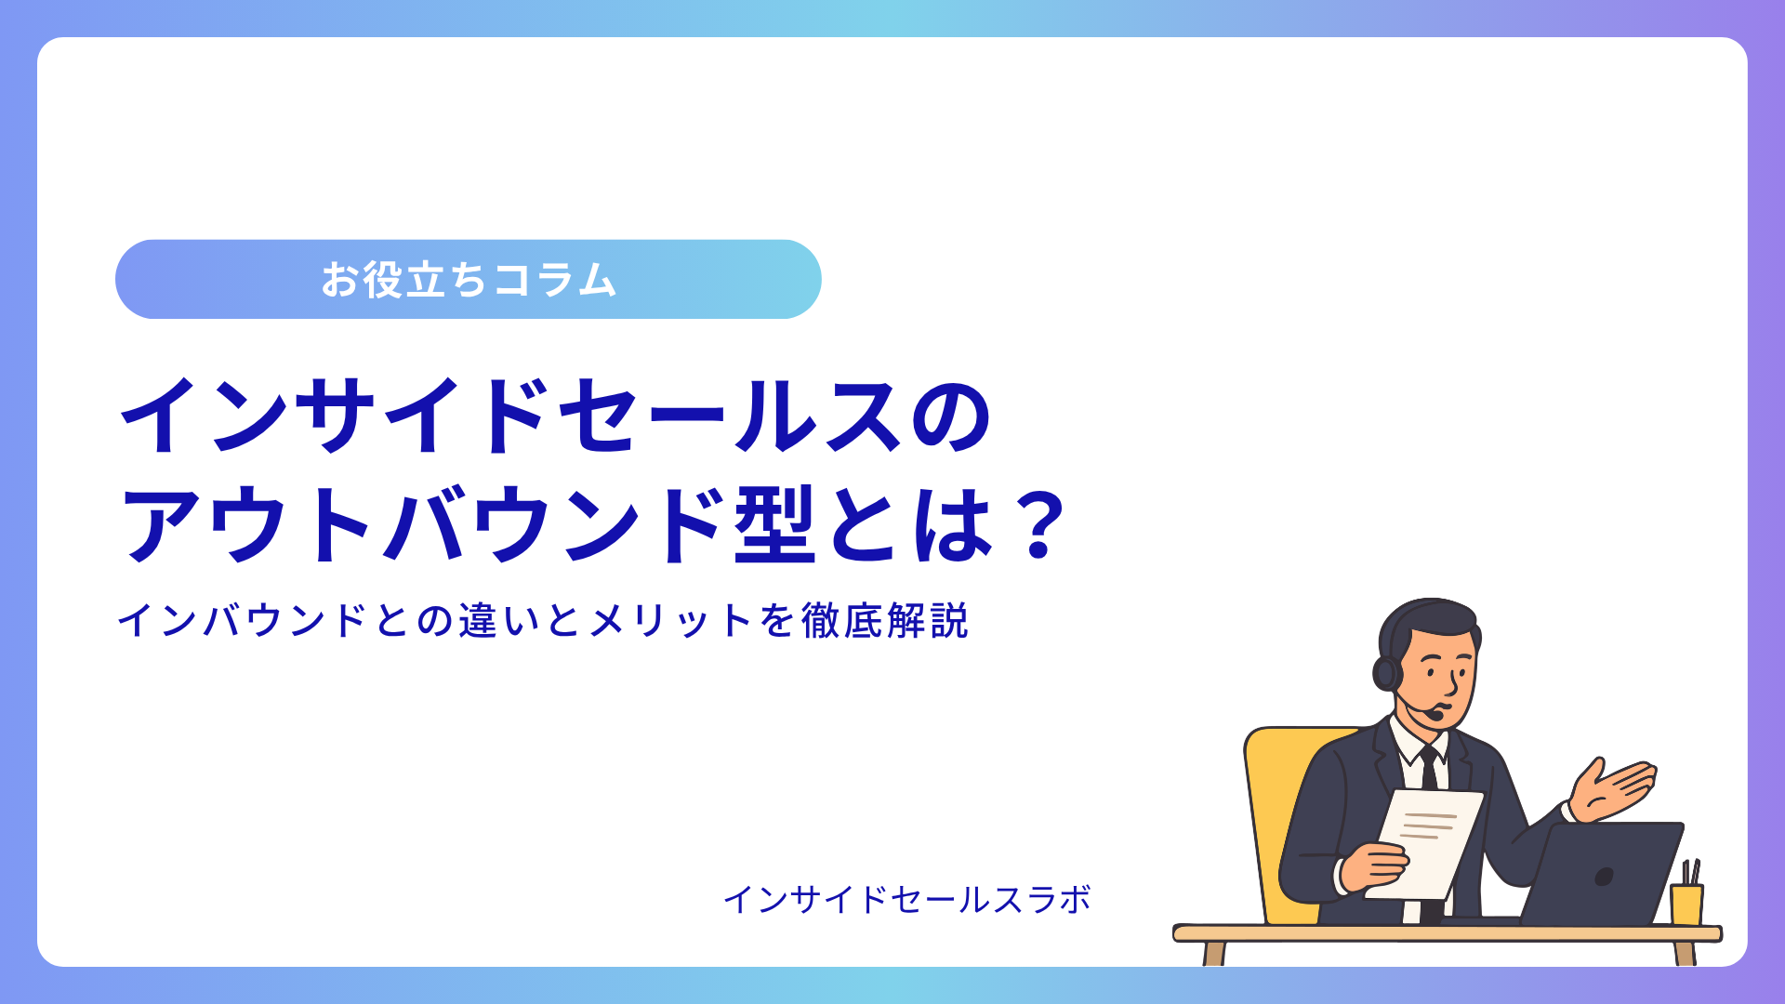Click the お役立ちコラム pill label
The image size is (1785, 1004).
click(469, 280)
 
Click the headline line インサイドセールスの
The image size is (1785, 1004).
click(556, 416)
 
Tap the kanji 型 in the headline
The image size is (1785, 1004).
click(774, 525)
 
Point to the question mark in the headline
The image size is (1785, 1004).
click(1039, 525)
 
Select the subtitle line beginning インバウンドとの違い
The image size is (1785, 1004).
click(543, 621)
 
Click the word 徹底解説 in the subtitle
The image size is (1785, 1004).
click(885, 621)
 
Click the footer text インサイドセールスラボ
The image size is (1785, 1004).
click(907, 899)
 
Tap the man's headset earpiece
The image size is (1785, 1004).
click(1387, 672)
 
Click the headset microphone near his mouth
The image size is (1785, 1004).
click(1435, 714)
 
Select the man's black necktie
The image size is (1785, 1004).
click(1430, 768)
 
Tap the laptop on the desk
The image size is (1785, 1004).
click(1601, 874)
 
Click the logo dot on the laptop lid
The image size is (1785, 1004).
click(1604, 877)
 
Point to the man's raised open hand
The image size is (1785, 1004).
click(1612, 790)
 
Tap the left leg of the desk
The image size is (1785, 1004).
click(1214, 953)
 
